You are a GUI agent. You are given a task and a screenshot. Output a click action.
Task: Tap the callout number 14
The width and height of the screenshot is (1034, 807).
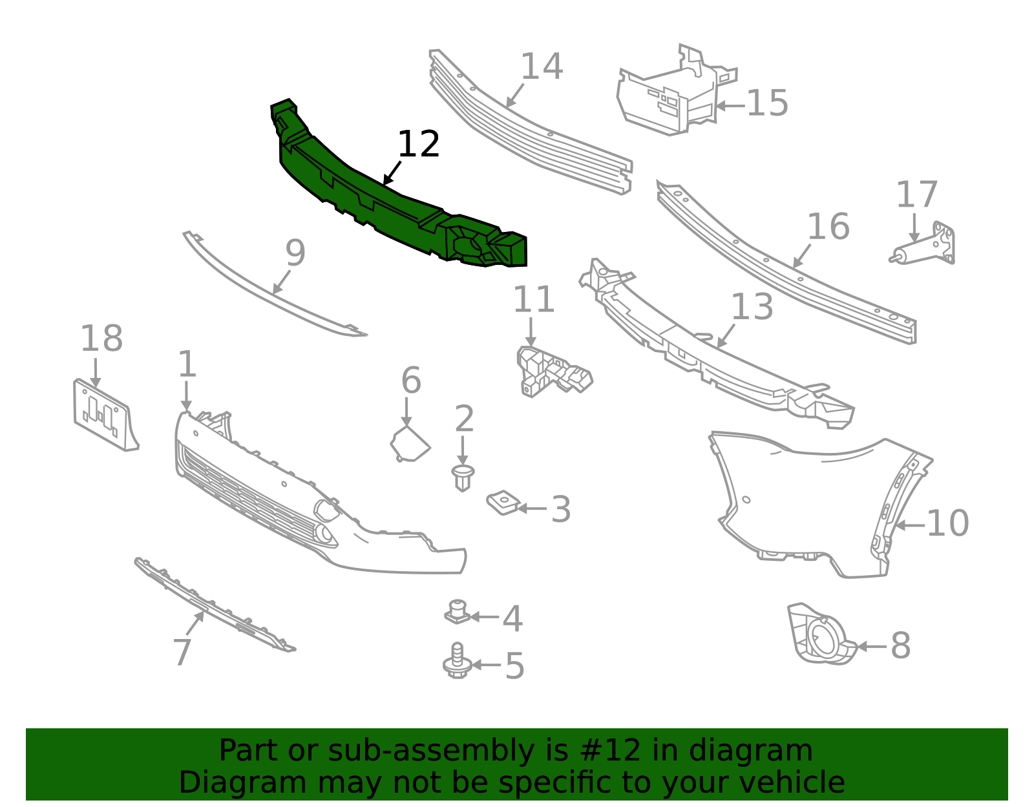tap(542, 66)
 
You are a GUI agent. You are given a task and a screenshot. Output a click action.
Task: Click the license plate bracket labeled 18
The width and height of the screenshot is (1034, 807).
tap(105, 415)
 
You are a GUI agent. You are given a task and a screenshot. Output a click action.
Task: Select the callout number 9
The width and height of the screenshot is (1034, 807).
tap(295, 253)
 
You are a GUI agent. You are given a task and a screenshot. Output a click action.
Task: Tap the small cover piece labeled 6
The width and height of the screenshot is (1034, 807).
tap(410, 444)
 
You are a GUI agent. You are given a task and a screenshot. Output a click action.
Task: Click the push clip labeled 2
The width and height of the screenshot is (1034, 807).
tap(463, 477)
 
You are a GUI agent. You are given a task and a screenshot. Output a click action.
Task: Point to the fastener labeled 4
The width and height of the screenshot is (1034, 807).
tap(458, 612)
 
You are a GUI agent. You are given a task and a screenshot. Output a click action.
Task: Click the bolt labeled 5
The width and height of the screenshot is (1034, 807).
tap(458, 660)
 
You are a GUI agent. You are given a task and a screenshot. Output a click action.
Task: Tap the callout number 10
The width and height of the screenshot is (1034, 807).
tap(948, 523)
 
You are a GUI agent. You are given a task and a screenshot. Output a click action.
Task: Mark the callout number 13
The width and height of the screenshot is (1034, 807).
tap(752, 307)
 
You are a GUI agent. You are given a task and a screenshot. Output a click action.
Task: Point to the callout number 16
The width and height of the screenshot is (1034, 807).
tap(828, 226)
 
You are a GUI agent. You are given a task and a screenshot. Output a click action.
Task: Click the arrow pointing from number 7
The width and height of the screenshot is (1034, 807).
tap(195, 623)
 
